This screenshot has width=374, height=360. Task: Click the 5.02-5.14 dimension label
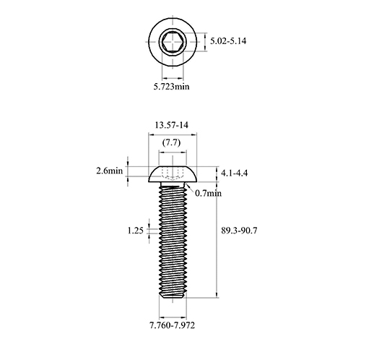click(x=228, y=41)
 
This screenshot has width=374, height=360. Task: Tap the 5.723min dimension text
click(x=172, y=86)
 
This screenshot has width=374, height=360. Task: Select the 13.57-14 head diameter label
click(x=172, y=125)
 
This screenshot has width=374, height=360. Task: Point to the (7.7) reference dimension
click(x=171, y=142)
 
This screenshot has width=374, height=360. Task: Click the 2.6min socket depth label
click(x=110, y=171)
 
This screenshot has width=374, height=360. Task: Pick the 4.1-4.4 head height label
click(x=234, y=173)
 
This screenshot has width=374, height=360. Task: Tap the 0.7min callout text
click(x=208, y=193)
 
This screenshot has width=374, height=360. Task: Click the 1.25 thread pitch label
click(x=136, y=231)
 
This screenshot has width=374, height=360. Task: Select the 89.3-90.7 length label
click(x=239, y=231)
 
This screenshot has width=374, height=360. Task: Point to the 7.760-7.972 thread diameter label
click(x=173, y=325)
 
